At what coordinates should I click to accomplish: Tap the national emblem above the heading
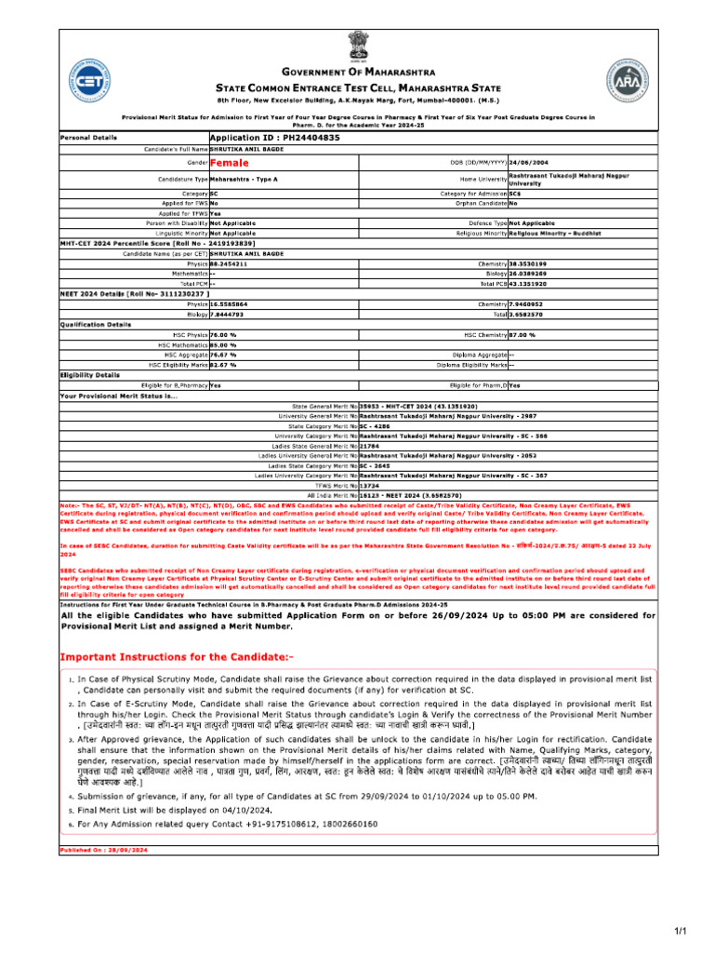(357, 46)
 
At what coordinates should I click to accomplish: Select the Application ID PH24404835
(274, 137)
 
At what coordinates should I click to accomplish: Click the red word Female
(230, 162)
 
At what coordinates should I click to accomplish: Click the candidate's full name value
(246, 149)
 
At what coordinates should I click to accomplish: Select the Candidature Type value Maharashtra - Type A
(244, 178)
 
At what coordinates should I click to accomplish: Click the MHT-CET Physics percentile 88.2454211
(229, 263)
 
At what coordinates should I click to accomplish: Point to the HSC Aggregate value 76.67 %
(223, 354)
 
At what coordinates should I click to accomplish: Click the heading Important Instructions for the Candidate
(177, 657)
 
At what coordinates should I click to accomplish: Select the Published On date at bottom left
(103, 850)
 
